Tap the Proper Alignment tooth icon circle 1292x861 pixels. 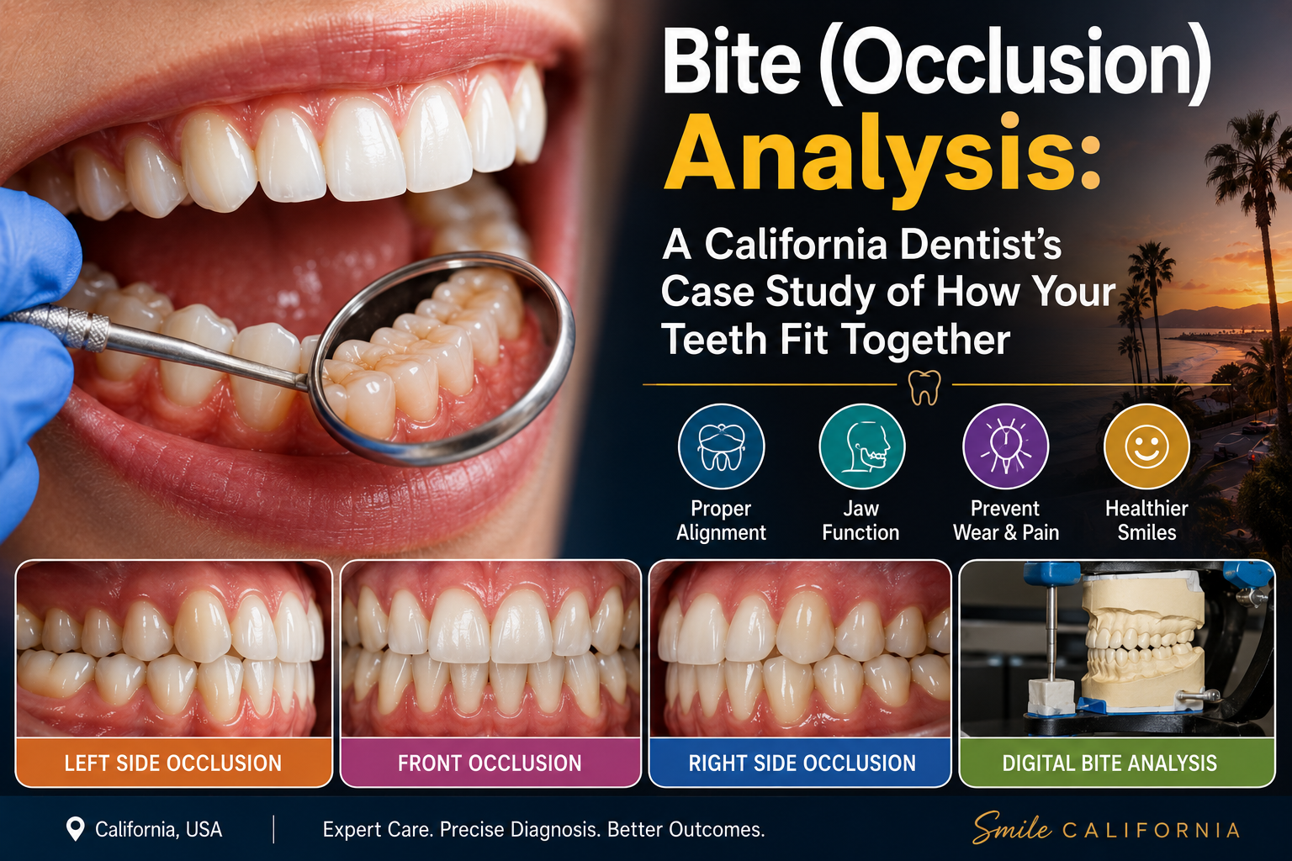coord(721,446)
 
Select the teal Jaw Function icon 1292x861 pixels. coord(861,446)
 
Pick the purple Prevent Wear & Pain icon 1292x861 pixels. coord(1006,446)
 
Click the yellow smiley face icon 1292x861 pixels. coord(1146,446)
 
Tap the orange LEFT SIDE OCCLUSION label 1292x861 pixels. coord(173,763)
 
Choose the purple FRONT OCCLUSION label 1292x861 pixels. coord(490,763)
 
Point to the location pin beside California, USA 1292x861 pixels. coord(76,829)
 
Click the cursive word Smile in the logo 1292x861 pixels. coord(1012,828)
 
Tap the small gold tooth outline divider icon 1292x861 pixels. coord(924,387)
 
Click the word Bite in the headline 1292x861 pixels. coord(732,61)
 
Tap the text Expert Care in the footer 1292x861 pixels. coord(377,829)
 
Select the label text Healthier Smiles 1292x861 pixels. coord(1146,520)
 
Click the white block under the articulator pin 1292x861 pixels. coord(1051,697)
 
